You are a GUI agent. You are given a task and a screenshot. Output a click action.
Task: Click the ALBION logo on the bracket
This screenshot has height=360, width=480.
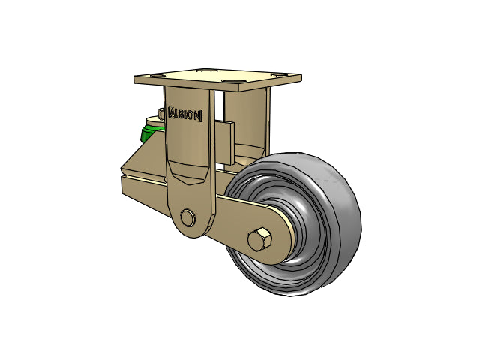tap(185, 114)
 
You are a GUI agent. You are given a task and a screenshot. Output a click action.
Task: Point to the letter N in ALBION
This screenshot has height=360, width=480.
tap(197, 115)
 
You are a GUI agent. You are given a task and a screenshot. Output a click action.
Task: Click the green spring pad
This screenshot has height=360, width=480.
tap(150, 133)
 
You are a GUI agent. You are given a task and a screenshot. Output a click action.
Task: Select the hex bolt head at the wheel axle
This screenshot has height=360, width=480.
tap(259, 238)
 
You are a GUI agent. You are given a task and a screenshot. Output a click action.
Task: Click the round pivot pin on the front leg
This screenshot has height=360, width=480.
tap(187, 217)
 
